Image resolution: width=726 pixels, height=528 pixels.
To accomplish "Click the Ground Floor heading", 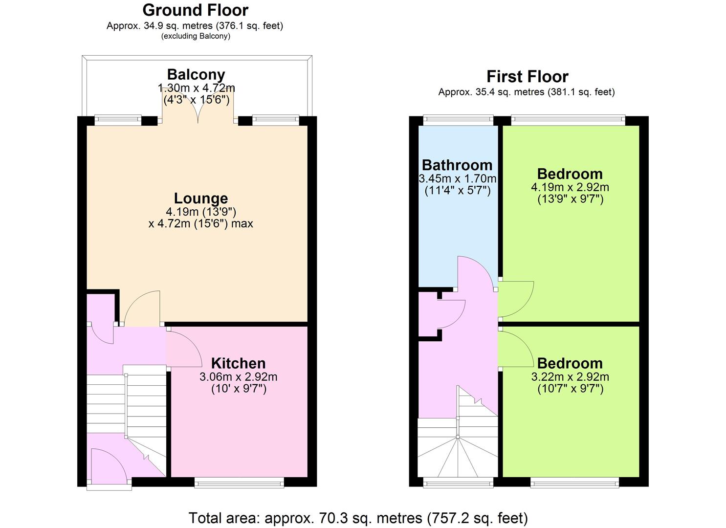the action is (196, 10).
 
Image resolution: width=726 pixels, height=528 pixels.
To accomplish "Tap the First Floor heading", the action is (528, 77).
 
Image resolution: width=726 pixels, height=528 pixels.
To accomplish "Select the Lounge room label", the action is (201, 198).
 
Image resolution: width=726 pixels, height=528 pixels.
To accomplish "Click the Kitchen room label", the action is (238, 363).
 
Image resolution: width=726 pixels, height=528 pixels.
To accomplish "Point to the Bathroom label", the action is (457, 165).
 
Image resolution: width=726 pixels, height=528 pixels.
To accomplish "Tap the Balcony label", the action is (196, 74).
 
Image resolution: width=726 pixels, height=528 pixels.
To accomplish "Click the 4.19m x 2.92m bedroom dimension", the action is (570, 187).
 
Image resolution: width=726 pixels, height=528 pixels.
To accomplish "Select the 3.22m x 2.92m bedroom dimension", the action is (570, 377).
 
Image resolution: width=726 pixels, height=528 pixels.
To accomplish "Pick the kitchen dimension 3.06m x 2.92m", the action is (238, 377).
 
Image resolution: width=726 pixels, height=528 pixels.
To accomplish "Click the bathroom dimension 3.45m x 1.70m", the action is (457, 178).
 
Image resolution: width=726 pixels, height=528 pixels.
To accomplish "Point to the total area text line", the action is (358, 518).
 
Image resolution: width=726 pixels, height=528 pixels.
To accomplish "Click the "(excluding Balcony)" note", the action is (196, 36).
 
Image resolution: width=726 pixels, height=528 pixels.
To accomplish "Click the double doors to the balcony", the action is (198, 107).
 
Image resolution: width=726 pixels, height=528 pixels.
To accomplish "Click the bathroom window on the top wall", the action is (458, 120).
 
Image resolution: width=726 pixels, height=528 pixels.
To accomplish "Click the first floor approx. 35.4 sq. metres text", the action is (527, 92).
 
